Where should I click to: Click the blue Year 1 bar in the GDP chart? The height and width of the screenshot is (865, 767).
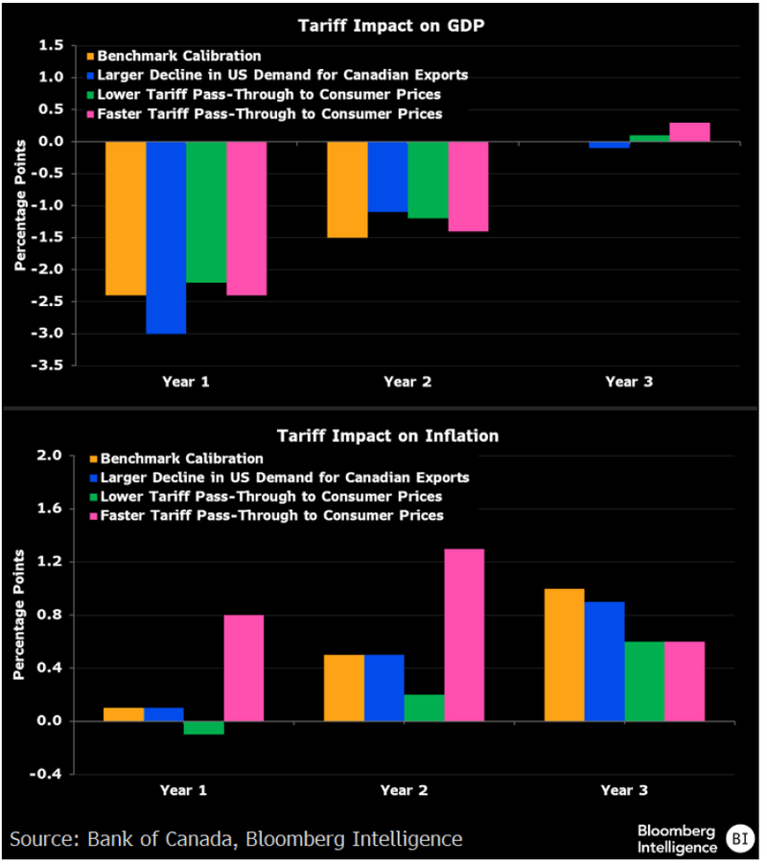[166, 237]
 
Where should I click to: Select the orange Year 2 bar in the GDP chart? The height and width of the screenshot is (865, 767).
[347, 189]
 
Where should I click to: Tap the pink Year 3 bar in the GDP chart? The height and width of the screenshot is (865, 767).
[689, 132]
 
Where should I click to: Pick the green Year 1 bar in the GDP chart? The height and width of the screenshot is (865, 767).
[206, 212]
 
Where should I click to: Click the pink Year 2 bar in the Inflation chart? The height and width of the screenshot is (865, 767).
[464, 635]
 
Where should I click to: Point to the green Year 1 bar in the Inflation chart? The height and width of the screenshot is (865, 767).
[204, 727]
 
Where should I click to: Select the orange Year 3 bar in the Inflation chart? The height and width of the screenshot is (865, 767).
[564, 654]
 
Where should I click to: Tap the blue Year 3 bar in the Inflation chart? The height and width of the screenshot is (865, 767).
[604, 661]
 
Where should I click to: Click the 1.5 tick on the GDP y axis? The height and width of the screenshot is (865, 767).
[54, 45]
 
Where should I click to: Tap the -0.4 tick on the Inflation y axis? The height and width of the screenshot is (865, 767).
[51, 774]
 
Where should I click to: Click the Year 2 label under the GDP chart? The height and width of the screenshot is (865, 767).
[407, 382]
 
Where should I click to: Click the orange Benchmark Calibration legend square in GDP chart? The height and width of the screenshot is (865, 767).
[92, 57]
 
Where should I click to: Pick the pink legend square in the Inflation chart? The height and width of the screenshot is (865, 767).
[92, 516]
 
